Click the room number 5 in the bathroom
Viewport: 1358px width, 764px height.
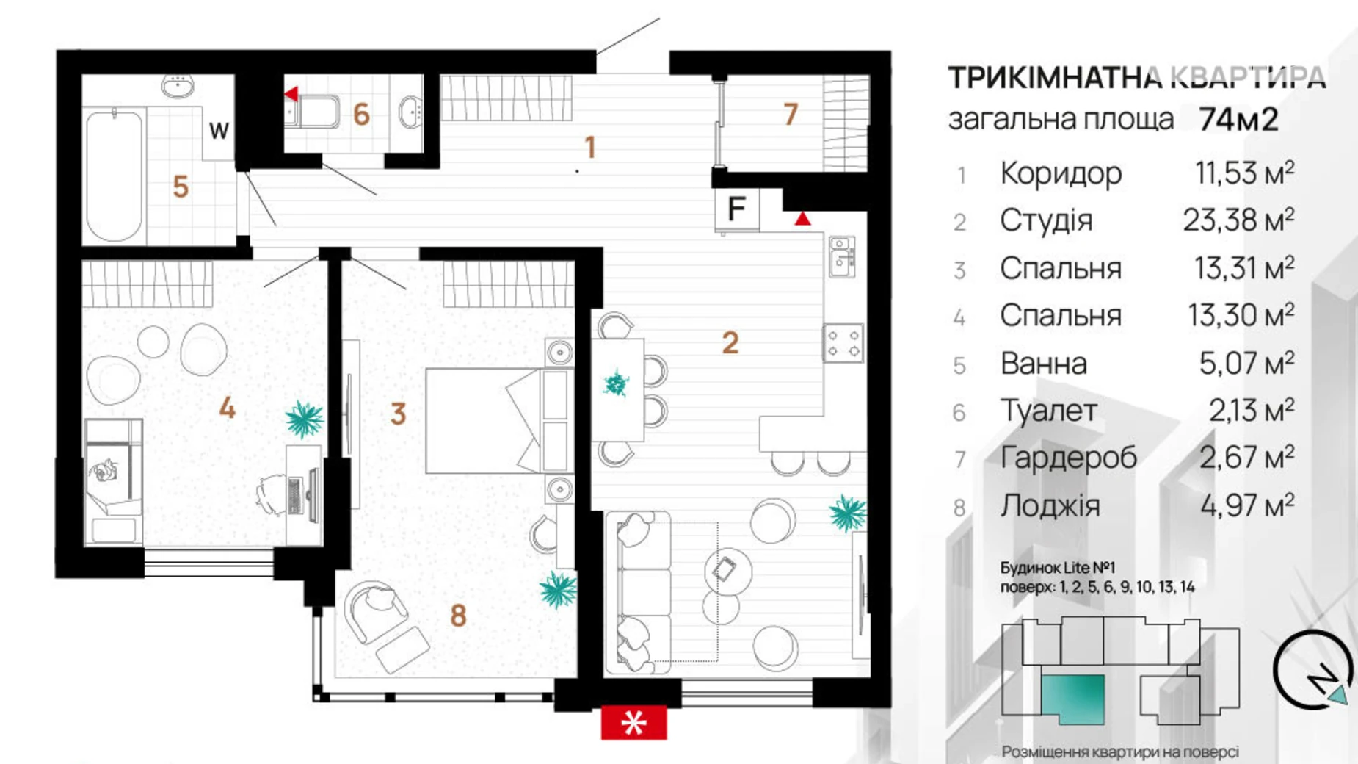181,187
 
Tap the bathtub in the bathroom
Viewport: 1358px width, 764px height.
114,175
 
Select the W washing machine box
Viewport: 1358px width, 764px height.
219,131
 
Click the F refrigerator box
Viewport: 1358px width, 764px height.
737,209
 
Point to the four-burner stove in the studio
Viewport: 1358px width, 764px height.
843,343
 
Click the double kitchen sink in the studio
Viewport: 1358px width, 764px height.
842,256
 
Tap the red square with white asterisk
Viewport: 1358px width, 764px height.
633,723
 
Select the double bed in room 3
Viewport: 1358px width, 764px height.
499,420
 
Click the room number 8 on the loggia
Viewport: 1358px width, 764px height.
458,616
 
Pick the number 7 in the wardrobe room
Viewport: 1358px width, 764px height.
790,114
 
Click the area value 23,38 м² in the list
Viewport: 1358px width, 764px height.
1238,220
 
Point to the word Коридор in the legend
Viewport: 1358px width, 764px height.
1061,173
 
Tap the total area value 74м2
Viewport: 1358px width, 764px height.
1238,118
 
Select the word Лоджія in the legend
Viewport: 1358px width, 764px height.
1050,506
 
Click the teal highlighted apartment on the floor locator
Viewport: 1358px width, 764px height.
1072,699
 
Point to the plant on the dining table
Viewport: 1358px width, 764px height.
615,383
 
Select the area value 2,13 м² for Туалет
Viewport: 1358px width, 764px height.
1251,411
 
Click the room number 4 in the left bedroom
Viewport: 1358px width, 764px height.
227,408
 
